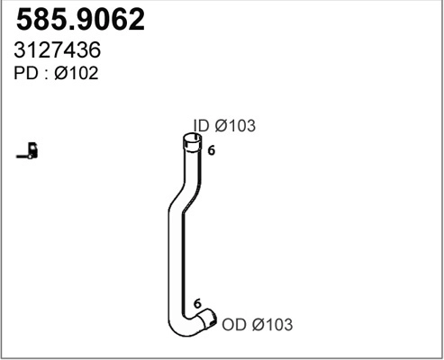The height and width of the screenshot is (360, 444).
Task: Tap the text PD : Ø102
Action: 56,75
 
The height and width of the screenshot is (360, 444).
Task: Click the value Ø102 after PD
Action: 77,75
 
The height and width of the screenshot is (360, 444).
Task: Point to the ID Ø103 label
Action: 224,127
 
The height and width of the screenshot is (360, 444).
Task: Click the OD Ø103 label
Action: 257,323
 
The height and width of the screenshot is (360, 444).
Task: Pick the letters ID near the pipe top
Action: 202,127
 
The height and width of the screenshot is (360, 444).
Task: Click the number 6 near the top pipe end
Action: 211,151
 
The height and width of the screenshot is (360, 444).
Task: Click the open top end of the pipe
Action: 191,139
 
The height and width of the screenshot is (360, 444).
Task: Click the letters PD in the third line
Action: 23,75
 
